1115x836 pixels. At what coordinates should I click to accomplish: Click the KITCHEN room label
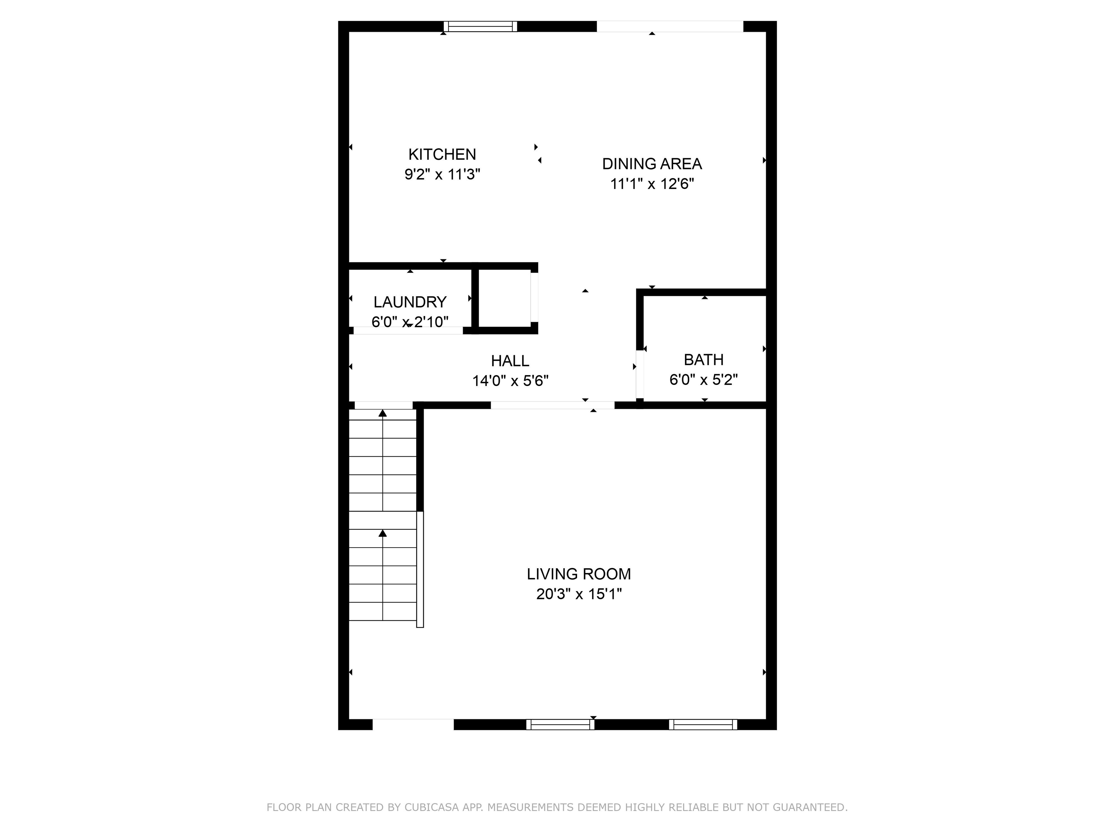442,154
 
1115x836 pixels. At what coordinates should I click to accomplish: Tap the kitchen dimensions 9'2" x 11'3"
442,175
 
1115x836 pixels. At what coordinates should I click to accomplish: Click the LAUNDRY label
409,302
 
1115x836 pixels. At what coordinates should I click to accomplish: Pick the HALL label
510,361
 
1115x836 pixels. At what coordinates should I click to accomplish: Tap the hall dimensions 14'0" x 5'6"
510,381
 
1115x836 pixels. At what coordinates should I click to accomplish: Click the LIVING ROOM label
578,574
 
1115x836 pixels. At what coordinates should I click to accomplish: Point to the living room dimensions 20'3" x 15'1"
578,594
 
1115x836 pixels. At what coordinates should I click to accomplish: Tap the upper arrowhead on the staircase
383,413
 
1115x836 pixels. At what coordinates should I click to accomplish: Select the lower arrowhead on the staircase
383,533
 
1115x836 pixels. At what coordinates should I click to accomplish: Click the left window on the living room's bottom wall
560,724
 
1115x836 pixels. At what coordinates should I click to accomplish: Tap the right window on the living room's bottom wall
703,724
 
